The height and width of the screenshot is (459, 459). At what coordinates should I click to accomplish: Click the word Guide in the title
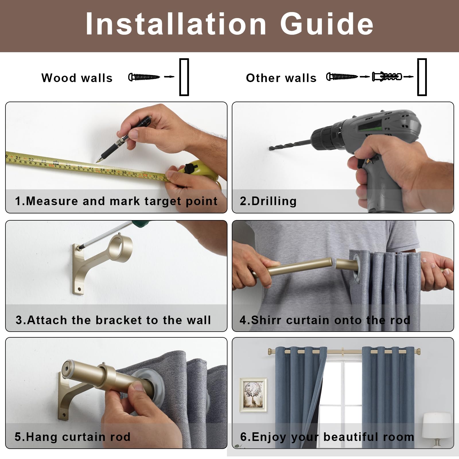pos(327,24)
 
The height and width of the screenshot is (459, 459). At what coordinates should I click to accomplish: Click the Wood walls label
pos(77,78)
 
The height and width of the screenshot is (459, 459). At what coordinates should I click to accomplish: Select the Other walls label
pos(281,78)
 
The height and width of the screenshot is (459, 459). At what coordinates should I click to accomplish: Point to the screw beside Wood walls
pos(144,77)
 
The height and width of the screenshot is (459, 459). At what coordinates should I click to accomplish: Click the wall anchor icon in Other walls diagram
pos(387,77)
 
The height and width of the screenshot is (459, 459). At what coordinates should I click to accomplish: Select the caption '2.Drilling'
pos(268,201)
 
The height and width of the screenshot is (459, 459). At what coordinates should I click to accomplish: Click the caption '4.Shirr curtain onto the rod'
pos(325,320)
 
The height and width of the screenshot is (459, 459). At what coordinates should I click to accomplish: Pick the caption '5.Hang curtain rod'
pos(73,437)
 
